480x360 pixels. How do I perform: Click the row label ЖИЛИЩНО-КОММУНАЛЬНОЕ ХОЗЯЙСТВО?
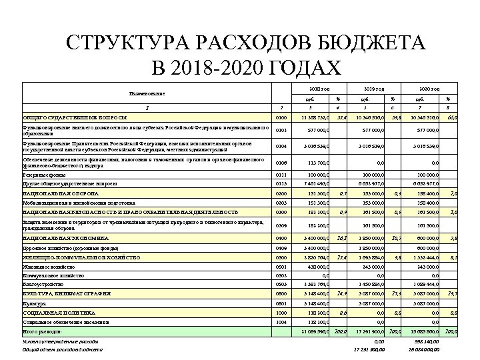81,257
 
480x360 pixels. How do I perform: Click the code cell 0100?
281,118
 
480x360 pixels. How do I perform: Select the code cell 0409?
281,247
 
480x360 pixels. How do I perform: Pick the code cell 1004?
281,321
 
